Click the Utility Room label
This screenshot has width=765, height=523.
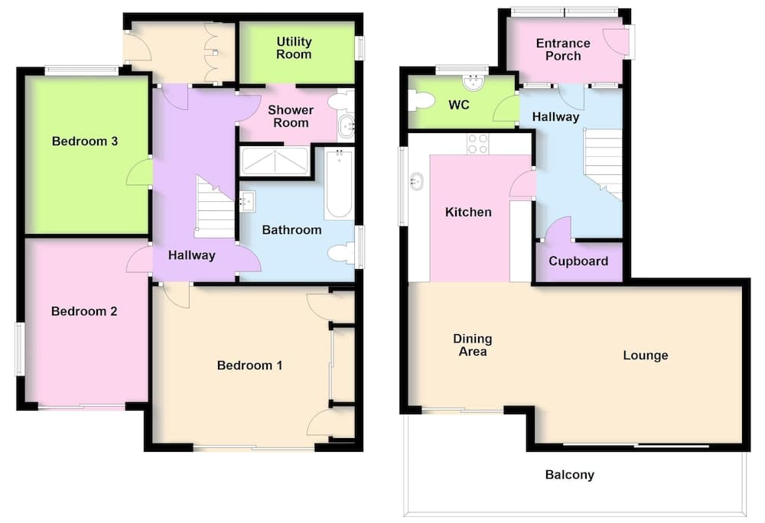click(x=294, y=47)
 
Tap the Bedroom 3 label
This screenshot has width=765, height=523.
click(x=85, y=141)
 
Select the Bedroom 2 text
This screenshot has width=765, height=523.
click(x=84, y=311)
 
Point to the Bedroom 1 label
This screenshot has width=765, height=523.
click(x=250, y=365)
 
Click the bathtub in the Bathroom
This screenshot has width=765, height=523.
click(x=339, y=184)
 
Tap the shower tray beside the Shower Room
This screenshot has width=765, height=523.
click(x=275, y=161)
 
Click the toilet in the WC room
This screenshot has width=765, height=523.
click(x=421, y=101)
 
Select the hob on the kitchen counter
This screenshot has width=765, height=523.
click(x=477, y=143)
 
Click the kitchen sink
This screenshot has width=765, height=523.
click(x=416, y=180)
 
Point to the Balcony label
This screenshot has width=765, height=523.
click(x=570, y=475)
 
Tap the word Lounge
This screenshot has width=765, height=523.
click(x=646, y=356)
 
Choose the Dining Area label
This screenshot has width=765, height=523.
click(x=472, y=345)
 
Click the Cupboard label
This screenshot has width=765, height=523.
click(x=578, y=261)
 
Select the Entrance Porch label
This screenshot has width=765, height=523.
click(x=563, y=50)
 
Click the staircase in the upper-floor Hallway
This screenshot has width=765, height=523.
click(x=603, y=164)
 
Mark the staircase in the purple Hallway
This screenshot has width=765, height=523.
click(x=215, y=206)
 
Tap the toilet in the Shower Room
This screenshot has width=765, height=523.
click(x=341, y=101)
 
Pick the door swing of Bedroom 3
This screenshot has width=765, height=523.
click(x=138, y=172)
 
